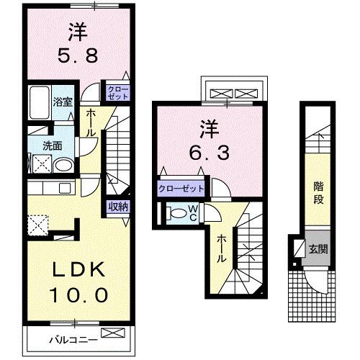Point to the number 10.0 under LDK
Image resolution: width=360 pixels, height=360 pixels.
(80, 294)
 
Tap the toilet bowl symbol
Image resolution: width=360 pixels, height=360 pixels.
(177, 213)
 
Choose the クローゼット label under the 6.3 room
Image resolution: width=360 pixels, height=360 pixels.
(181, 189)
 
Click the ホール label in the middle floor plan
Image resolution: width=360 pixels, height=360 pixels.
(222, 248)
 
